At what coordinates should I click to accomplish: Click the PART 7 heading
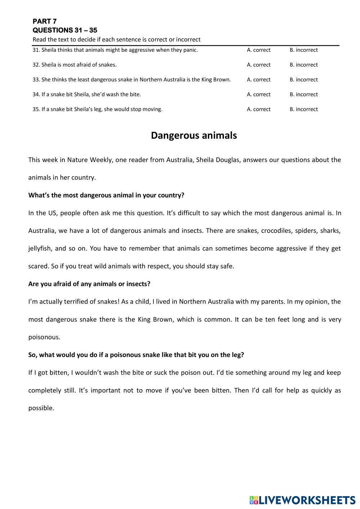pyautogui.click(x=44, y=21)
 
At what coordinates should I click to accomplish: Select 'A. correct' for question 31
pyautogui.click(x=258, y=50)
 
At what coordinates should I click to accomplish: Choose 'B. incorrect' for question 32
pyautogui.click(x=303, y=65)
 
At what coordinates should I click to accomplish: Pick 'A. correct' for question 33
pyautogui.click(x=258, y=80)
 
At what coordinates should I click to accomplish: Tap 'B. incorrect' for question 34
pyautogui.click(x=303, y=94)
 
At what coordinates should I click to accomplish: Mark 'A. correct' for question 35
pyautogui.click(x=258, y=109)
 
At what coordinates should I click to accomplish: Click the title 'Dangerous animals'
pyautogui.click(x=194, y=135)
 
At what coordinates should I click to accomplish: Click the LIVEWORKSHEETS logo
pyautogui.click(x=302, y=500)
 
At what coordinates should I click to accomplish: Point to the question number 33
pyautogui.click(x=36, y=80)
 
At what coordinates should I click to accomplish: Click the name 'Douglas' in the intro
pyautogui.click(x=228, y=160)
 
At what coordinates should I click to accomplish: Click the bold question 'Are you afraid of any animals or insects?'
pyautogui.click(x=89, y=284)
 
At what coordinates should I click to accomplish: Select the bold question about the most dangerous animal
pyautogui.click(x=106, y=195)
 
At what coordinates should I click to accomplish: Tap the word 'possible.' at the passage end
pyautogui.click(x=41, y=408)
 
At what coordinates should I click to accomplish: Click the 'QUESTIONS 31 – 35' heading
pyautogui.click(x=65, y=30)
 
